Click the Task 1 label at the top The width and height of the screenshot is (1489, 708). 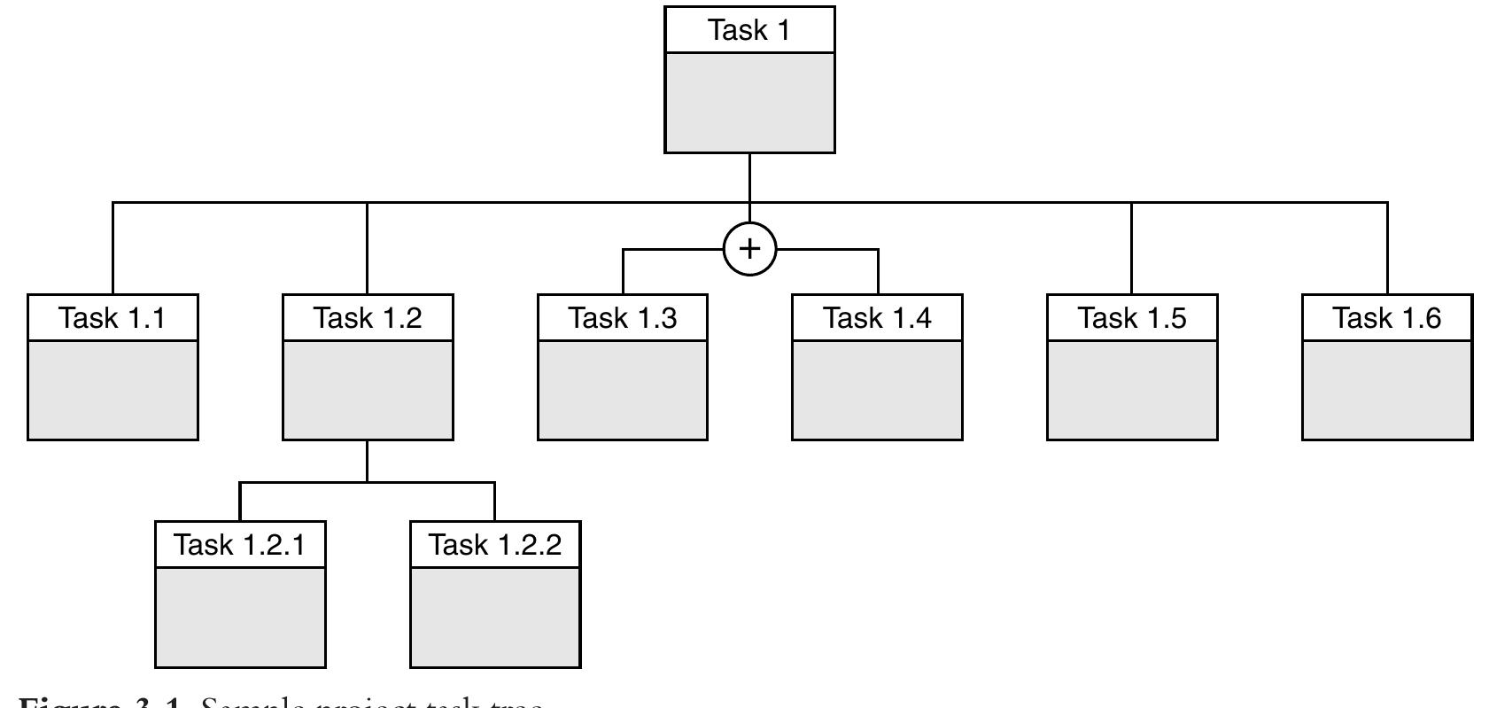(x=749, y=30)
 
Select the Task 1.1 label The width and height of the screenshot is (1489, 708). (x=112, y=317)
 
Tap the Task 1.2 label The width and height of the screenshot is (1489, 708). (x=368, y=317)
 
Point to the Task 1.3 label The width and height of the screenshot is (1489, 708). (x=623, y=317)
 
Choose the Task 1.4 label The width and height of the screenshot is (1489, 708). (x=877, y=317)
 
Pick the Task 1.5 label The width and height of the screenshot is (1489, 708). (x=1132, y=317)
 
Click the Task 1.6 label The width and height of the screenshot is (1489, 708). (x=1387, y=317)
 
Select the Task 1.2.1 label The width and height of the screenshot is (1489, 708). (x=240, y=544)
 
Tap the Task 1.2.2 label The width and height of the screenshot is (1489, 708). (x=495, y=544)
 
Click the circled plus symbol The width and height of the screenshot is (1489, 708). (x=750, y=249)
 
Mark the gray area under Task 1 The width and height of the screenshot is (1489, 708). (x=749, y=102)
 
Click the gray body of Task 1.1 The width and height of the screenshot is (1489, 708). (x=112, y=390)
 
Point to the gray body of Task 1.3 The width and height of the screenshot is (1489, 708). (x=623, y=390)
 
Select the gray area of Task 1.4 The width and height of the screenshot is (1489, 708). (x=877, y=390)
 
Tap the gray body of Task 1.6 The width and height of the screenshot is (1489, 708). (x=1387, y=390)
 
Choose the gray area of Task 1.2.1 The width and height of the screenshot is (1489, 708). (x=240, y=617)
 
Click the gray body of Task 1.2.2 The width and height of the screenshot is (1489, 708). (x=495, y=617)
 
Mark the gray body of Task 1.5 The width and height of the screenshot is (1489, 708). (x=1132, y=390)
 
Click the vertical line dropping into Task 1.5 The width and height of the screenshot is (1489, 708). (x=1131, y=249)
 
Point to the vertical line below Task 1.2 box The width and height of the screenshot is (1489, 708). (x=368, y=461)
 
